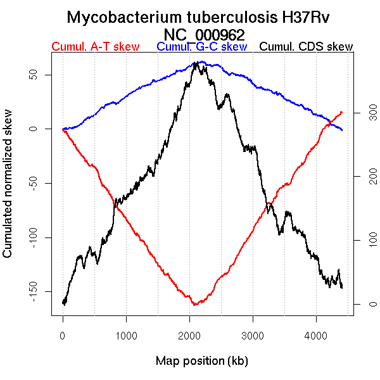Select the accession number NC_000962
click(x=203, y=34)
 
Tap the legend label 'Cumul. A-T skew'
click(x=95, y=47)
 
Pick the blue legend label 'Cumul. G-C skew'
click(x=201, y=47)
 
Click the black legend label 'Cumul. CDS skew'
click(x=307, y=47)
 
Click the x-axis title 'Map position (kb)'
click(x=201, y=362)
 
